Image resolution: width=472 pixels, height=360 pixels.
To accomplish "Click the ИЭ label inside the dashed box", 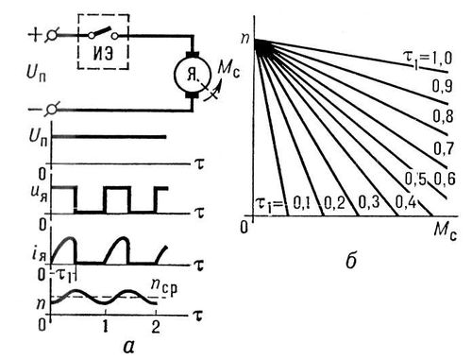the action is [103, 54].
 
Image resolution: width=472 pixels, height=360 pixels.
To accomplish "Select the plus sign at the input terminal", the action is [35, 34].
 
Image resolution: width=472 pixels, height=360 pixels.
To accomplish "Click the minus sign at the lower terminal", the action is [34, 110].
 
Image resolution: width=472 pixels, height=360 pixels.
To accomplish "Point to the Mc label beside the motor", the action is [228, 69].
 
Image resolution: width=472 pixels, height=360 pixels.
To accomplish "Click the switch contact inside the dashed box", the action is [103, 33].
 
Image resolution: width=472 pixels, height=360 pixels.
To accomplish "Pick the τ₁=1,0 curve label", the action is [428, 59].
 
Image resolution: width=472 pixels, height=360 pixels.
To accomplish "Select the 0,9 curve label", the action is [442, 86].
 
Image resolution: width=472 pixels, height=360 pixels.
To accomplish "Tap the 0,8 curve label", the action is [443, 116].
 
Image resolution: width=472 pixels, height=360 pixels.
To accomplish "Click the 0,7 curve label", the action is [444, 148].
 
